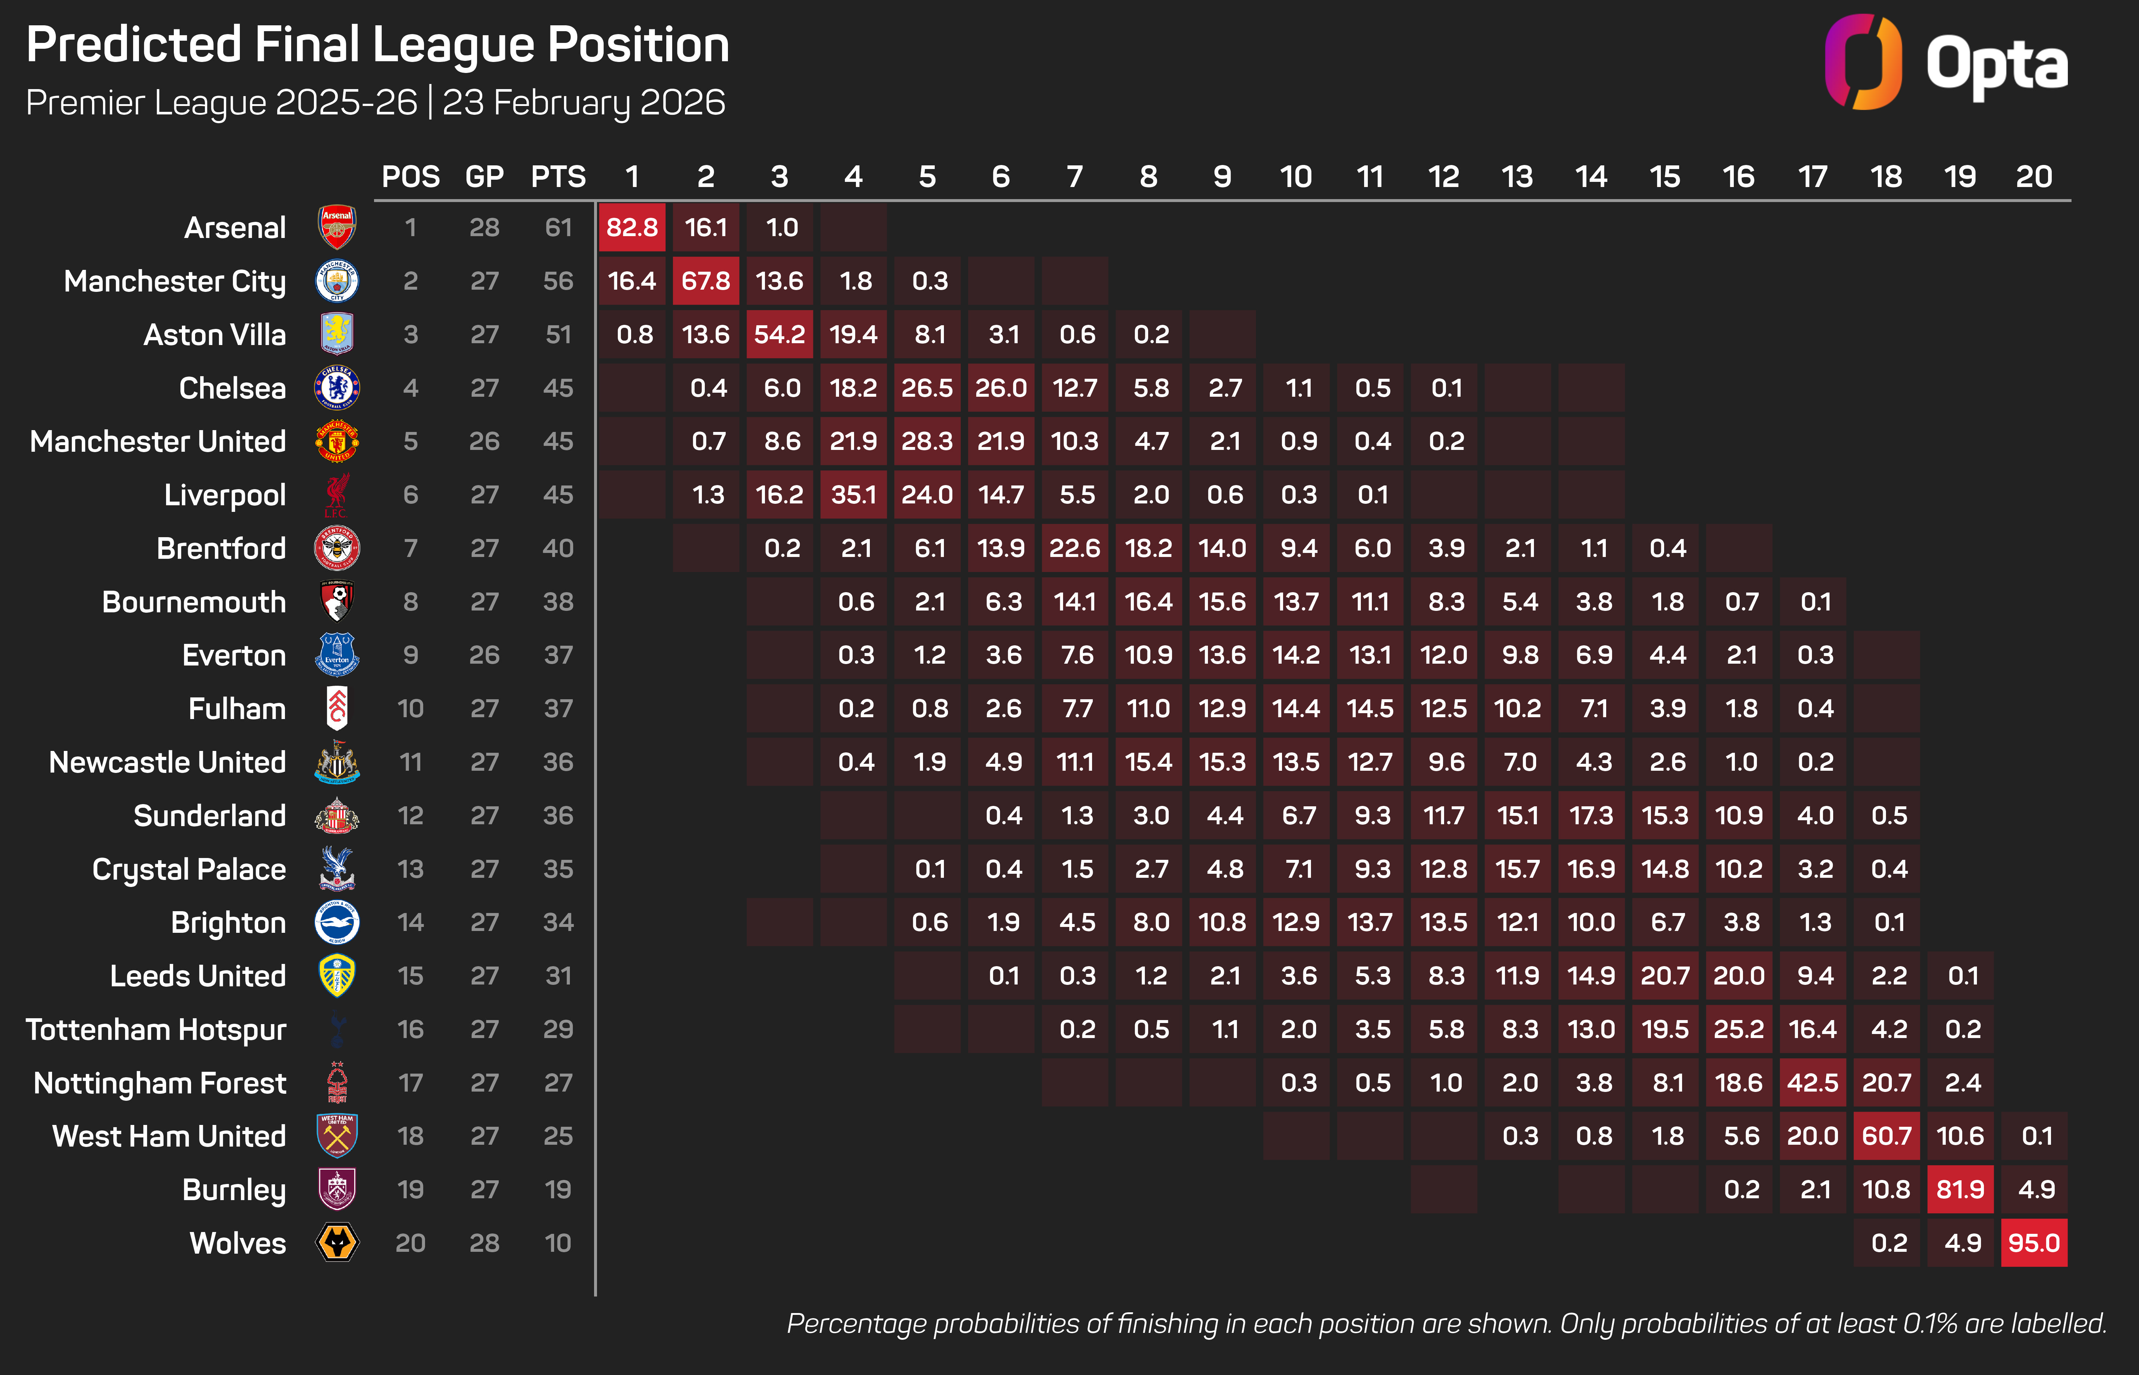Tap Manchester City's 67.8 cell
coord(705,281)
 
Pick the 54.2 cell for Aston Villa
coord(779,335)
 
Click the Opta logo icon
coord(1862,62)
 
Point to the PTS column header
coord(558,177)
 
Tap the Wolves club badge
coord(337,1243)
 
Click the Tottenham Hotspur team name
coord(156,1030)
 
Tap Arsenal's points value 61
coord(558,228)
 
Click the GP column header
coord(484,177)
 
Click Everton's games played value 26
coord(484,655)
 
